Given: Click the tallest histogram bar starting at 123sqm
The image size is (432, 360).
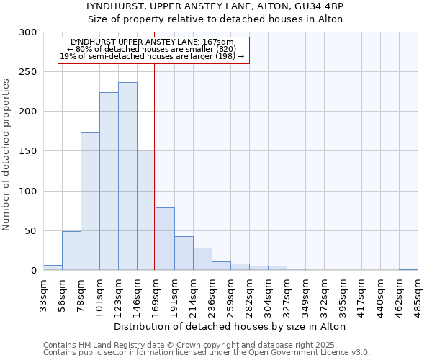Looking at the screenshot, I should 127,176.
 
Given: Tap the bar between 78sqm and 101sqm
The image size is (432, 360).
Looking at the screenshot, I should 90,202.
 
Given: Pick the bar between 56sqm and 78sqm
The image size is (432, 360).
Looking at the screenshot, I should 71,251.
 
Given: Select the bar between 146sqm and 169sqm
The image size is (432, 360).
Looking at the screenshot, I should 146,210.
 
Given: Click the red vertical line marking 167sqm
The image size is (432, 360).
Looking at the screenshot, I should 155,166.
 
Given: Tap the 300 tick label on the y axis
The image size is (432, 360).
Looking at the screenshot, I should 28,32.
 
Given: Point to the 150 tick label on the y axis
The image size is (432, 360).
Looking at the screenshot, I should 28,151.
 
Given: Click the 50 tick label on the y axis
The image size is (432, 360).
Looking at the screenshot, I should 31,231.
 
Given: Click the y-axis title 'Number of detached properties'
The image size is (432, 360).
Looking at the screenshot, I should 6,156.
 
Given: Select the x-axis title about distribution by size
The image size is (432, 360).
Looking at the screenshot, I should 230,326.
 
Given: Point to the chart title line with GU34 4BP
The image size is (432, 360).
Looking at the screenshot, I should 215,6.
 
